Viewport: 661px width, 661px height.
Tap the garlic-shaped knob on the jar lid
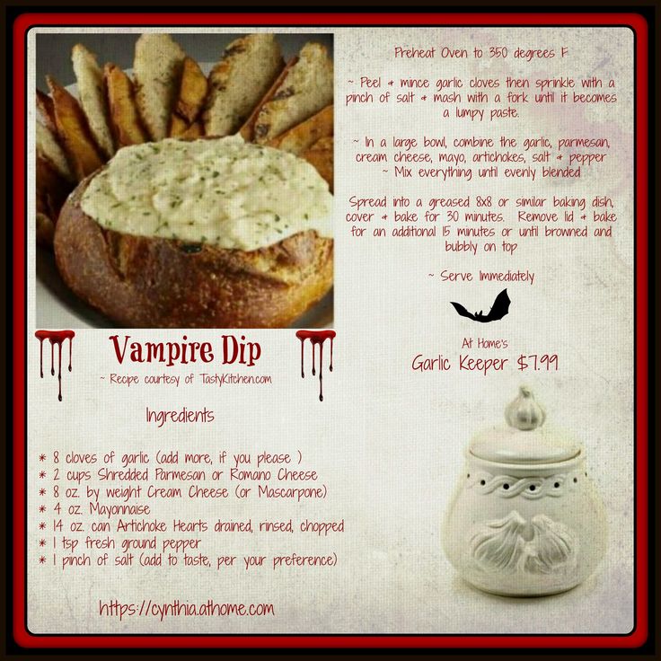click(524, 409)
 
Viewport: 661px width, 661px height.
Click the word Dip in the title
click(242, 350)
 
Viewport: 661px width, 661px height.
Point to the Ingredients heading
click(180, 416)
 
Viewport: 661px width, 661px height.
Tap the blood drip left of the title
click(55, 364)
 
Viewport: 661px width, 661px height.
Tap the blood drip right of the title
click(316, 364)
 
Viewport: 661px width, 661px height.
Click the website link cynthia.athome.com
click(187, 609)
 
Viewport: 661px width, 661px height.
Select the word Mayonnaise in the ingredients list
click(119, 509)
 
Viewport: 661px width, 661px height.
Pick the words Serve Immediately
click(487, 276)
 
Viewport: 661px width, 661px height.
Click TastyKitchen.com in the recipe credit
click(235, 379)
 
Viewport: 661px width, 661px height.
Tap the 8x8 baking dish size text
click(483, 202)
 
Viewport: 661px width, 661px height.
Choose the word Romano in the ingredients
click(250, 475)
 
